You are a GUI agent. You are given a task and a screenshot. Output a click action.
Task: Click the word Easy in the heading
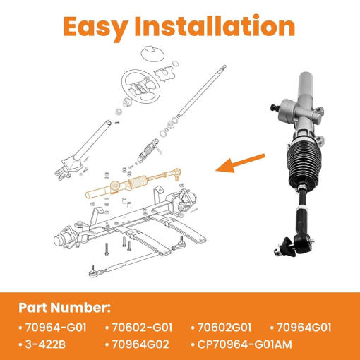(x=95, y=28)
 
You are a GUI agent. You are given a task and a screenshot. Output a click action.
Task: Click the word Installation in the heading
(x=215, y=25)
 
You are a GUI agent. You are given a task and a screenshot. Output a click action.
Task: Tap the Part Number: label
(x=64, y=308)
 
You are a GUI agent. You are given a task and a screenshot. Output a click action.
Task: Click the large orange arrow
(x=240, y=163)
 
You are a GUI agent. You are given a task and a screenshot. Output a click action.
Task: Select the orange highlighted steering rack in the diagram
(x=133, y=184)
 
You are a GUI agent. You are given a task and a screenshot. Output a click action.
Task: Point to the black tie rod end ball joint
(x=295, y=245)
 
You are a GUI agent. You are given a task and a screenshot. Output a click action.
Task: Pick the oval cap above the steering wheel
(x=152, y=54)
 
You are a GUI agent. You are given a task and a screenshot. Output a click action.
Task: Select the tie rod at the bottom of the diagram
(x=137, y=258)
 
